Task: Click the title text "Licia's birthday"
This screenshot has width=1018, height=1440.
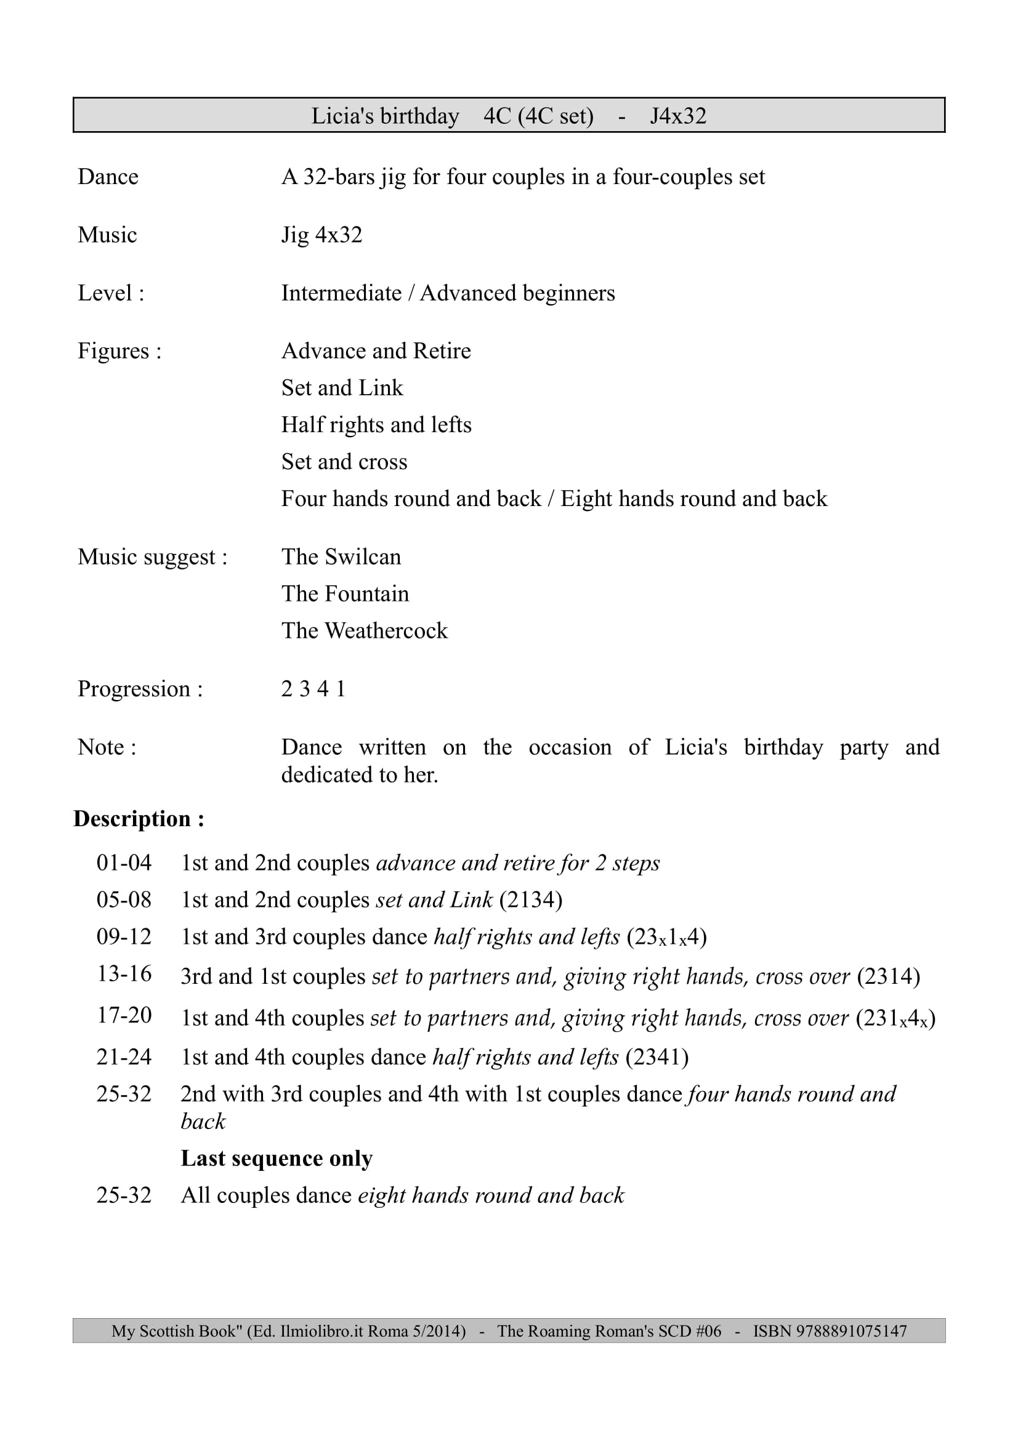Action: [385, 116]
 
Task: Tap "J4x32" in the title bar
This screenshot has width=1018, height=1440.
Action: [677, 116]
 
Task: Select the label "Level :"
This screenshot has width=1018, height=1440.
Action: [111, 293]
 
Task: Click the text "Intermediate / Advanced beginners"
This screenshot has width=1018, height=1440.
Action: [448, 293]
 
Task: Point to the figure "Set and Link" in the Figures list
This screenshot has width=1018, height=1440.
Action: [342, 388]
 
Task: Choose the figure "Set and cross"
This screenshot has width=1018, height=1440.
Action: [344, 462]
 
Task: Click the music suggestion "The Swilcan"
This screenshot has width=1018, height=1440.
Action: [341, 557]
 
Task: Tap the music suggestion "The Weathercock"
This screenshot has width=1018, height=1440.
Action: [365, 630]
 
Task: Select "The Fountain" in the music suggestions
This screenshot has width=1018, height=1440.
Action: [345, 593]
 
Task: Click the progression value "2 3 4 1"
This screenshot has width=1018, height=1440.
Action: [313, 689]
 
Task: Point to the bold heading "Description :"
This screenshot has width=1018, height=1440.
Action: [139, 818]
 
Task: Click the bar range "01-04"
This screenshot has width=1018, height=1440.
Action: [124, 863]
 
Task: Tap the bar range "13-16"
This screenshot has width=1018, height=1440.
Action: [124, 973]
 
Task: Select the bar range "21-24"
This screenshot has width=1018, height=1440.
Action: [124, 1057]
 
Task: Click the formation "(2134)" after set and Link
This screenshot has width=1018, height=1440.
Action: [531, 900]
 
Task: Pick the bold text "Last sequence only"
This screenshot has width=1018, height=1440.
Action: [277, 1158]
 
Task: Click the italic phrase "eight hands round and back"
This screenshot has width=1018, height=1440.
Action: [491, 1196]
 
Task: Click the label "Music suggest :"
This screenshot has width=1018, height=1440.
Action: [152, 557]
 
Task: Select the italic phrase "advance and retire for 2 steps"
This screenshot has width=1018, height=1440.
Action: [517, 863]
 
